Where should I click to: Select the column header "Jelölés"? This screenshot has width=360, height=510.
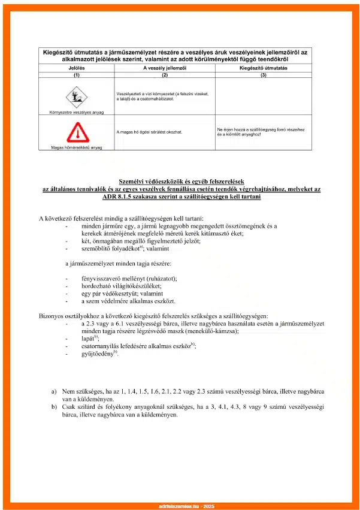click(76, 69)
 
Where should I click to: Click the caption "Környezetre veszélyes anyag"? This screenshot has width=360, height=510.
click(76, 112)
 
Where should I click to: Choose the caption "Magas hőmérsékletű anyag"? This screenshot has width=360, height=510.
click(76, 147)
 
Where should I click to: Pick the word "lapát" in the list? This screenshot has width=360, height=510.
click(89, 339)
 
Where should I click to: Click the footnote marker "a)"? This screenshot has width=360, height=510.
click(55, 391)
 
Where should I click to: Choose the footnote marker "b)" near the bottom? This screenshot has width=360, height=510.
click(55, 406)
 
